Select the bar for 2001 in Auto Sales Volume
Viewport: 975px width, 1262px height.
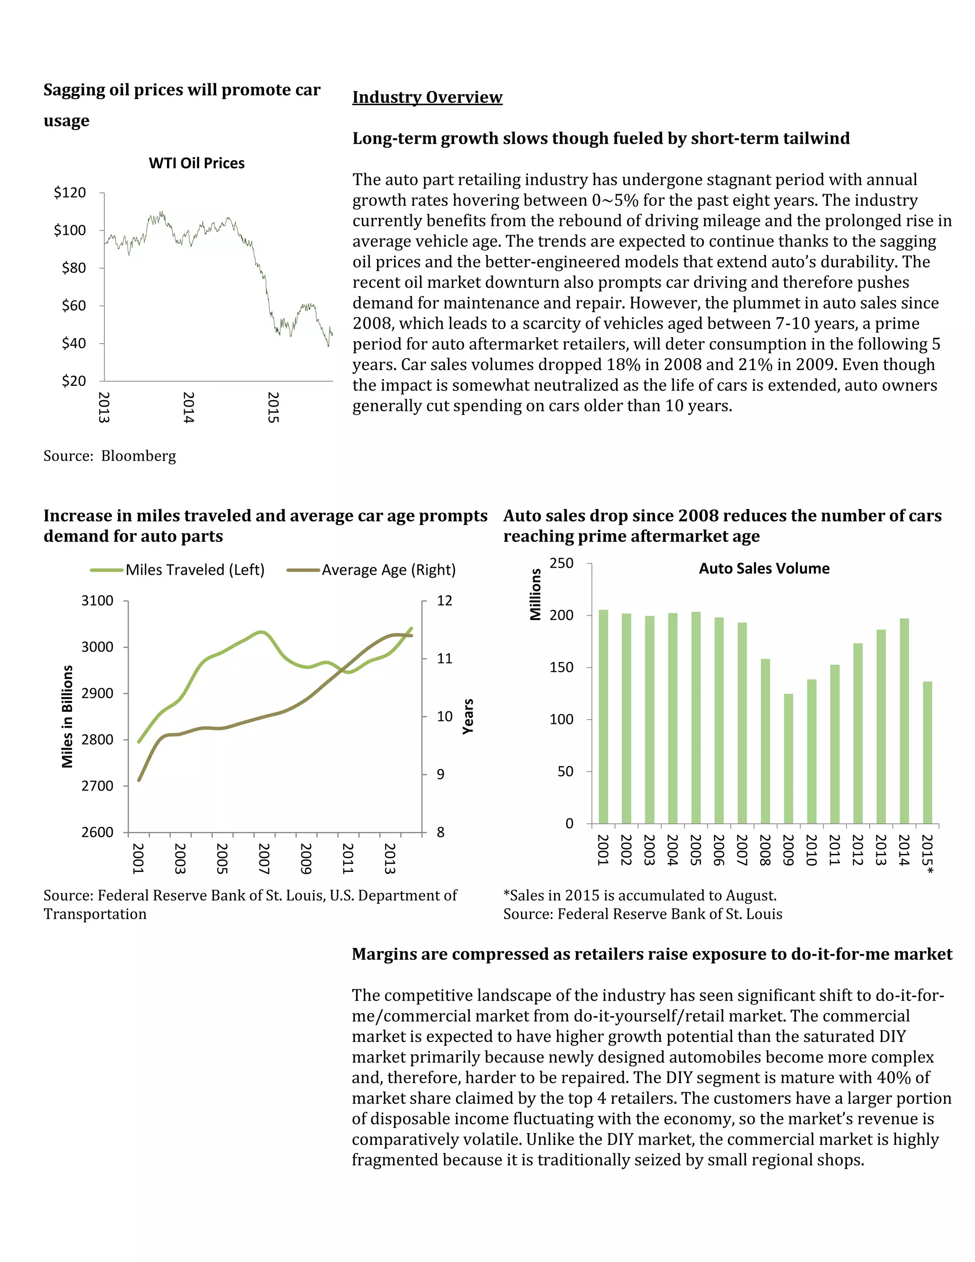coord(603,717)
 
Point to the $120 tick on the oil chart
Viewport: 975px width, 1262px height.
coord(70,192)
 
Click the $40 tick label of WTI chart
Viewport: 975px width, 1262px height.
coord(73,343)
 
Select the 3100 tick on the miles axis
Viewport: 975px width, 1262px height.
coord(97,601)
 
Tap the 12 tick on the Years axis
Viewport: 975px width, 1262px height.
coord(444,601)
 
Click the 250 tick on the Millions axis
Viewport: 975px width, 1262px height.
coord(561,563)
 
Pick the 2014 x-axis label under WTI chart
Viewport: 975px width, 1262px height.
coord(189,407)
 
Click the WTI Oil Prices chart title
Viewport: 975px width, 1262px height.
coord(197,163)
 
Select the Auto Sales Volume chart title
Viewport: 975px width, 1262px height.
coord(764,569)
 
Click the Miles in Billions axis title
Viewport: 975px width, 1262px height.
coord(68,717)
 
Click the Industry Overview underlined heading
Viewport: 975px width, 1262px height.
coord(428,97)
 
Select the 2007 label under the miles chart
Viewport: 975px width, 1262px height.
coord(264,859)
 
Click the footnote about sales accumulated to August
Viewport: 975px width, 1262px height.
coord(640,896)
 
